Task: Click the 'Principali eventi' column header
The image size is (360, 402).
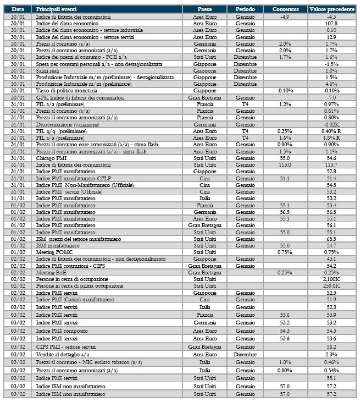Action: click(x=57, y=9)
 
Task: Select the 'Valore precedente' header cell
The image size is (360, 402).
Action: click(x=331, y=9)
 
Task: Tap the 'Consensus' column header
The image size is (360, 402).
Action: click(x=285, y=9)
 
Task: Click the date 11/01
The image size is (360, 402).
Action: click(x=18, y=198)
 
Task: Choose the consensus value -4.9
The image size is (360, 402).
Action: click(x=285, y=17)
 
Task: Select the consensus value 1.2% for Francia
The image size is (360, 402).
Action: click(x=285, y=103)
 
